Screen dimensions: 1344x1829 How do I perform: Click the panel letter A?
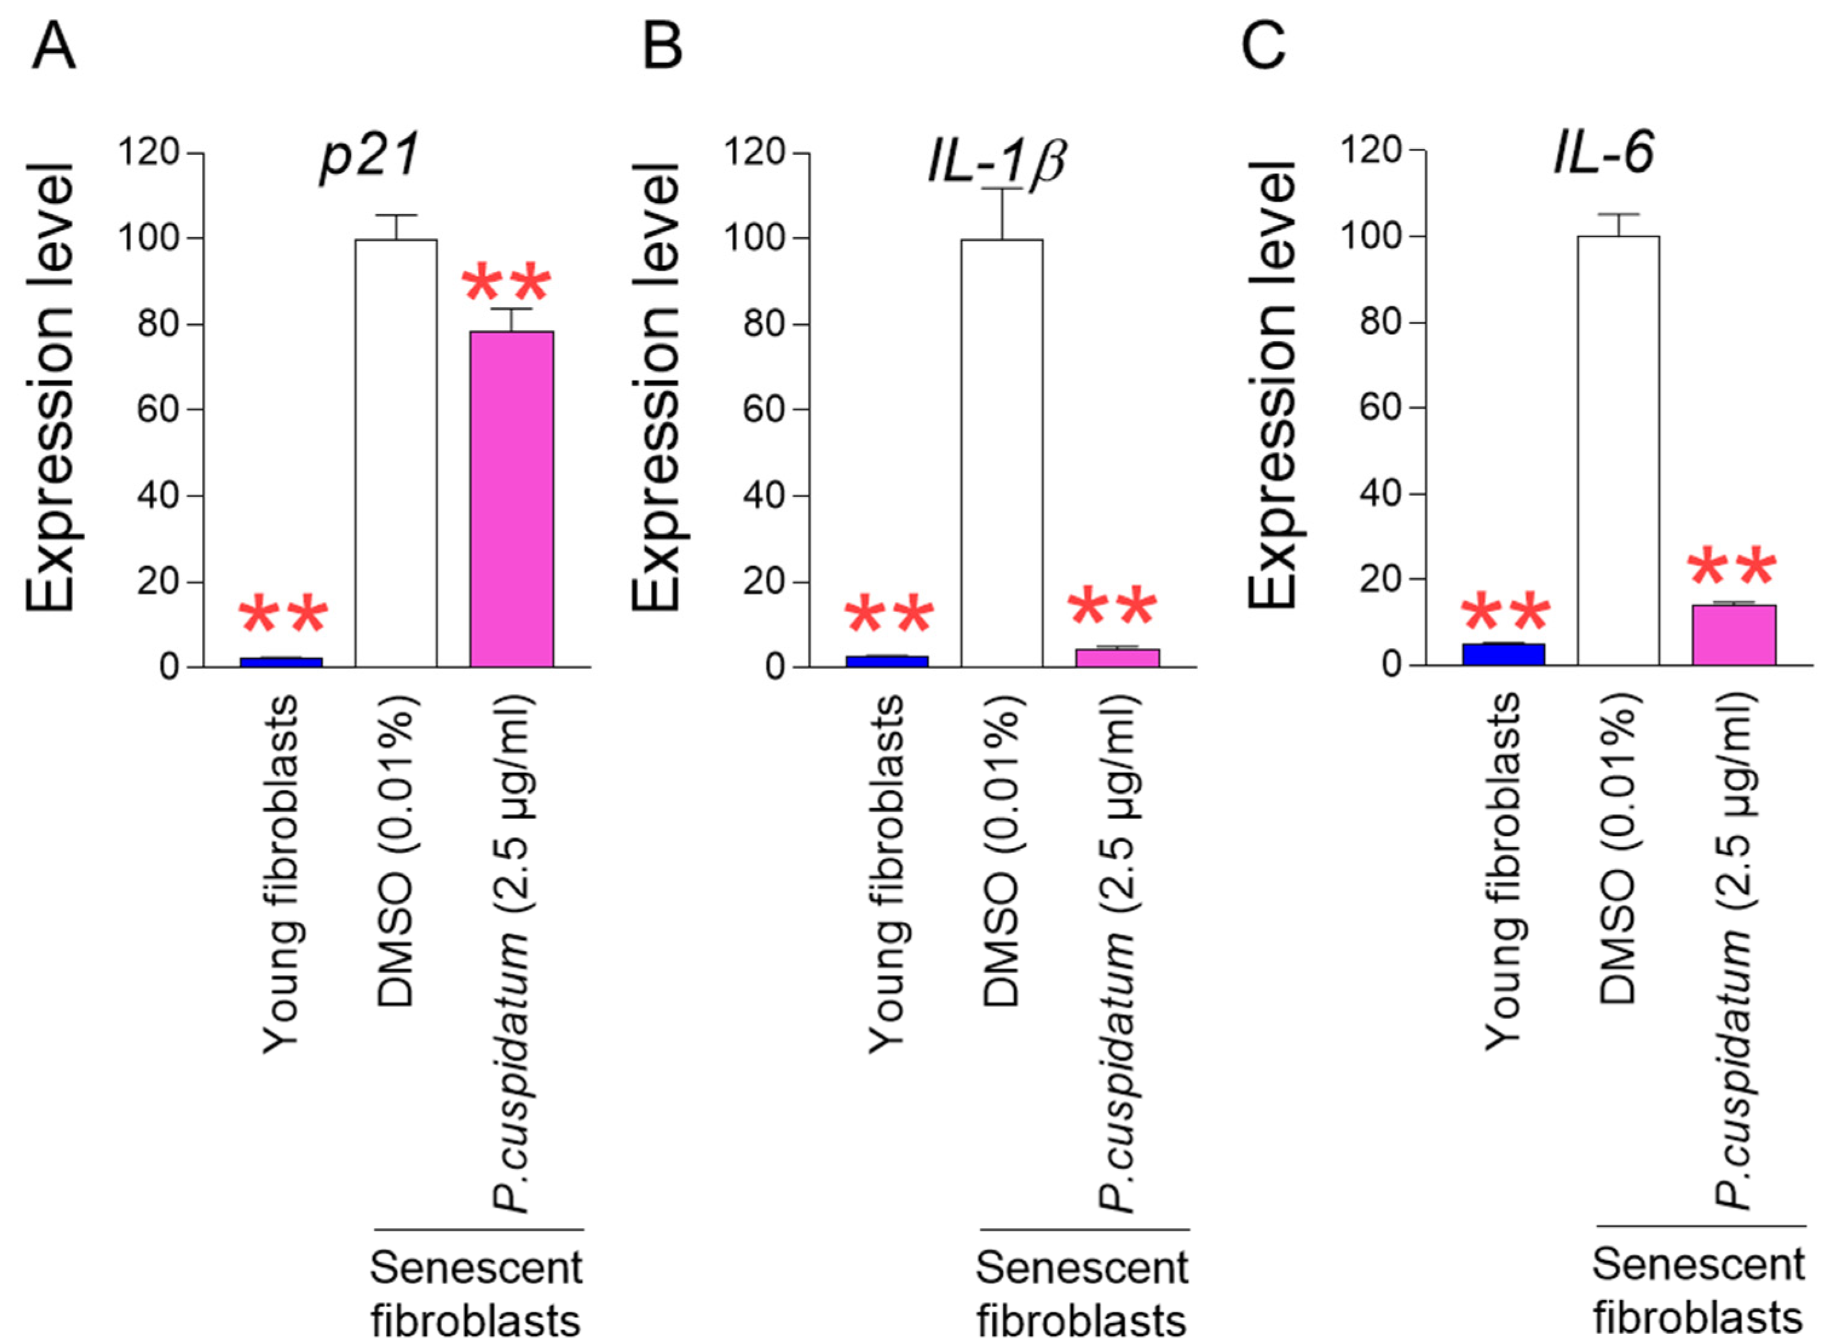[54, 47]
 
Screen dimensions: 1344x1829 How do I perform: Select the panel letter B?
[662, 47]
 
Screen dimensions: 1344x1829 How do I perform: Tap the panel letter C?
[1263, 47]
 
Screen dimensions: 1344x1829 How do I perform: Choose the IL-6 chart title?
[1603, 152]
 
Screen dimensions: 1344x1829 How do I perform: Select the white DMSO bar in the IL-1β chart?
[1002, 452]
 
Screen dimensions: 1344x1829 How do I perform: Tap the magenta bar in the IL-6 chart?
[1734, 634]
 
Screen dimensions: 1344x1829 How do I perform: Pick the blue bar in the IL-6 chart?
[1504, 654]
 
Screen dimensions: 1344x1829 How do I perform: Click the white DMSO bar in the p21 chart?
[396, 452]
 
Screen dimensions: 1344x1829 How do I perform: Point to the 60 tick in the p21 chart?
[158, 409]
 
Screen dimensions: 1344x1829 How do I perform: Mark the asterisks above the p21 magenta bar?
[506, 283]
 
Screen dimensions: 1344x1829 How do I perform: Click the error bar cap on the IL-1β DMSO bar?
[1002, 189]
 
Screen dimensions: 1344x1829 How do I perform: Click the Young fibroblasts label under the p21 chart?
[281, 874]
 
